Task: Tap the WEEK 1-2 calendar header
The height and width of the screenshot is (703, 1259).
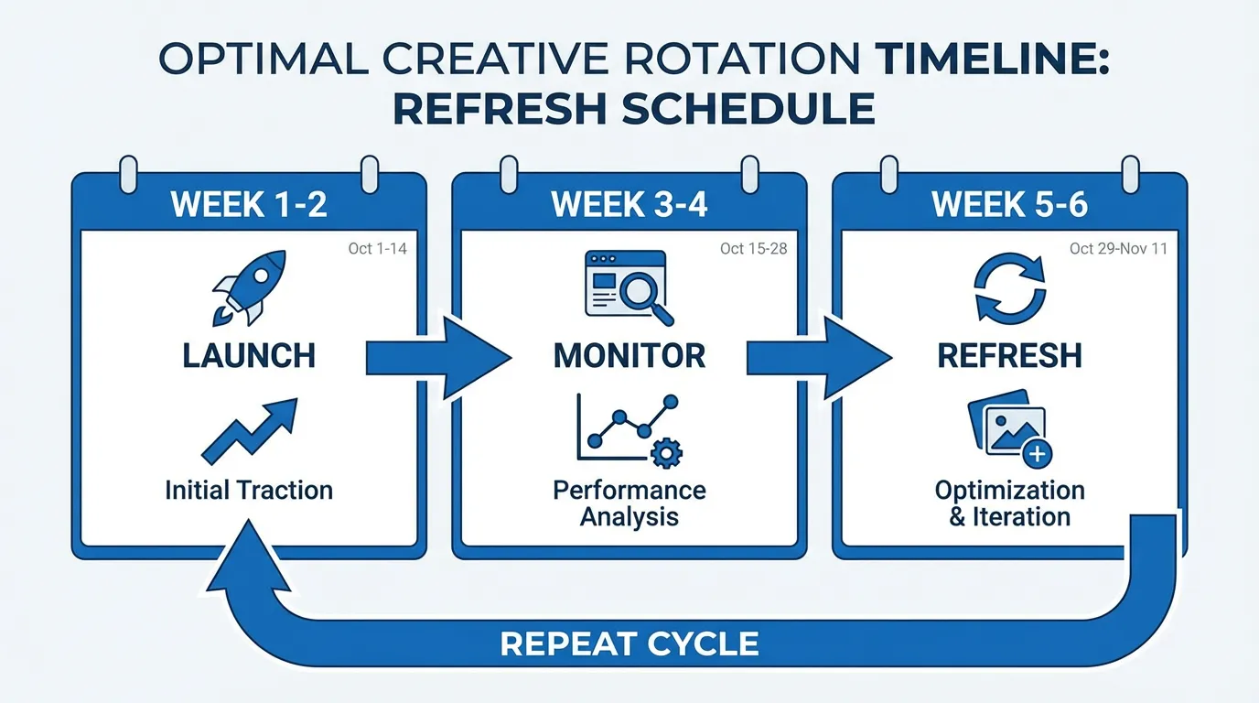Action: (x=249, y=204)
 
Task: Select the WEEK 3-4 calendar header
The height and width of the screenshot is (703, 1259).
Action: (x=629, y=204)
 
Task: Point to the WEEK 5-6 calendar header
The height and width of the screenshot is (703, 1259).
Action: (x=1009, y=204)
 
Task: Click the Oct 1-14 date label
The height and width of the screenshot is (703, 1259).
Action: (x=377, y=249)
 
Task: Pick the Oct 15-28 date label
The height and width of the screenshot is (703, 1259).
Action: (x=753, y=249)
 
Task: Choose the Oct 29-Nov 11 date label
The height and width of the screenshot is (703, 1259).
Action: (x=1118, y=249)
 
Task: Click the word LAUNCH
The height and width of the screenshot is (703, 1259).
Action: (x=249, y=355)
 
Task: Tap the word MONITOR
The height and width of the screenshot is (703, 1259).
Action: (x=629, y=355)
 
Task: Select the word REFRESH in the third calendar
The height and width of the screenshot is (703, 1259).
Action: (x=1009, y=355)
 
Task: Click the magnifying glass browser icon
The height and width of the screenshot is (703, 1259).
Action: (x=628, y=287)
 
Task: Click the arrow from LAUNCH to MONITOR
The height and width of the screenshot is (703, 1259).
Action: (x=436, y=357)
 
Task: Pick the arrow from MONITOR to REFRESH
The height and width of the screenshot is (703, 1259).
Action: (x=818, y=357)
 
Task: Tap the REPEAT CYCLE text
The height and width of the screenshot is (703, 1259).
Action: (x=629, y=644)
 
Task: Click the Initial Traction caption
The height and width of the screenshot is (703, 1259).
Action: (x=249, y=490)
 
